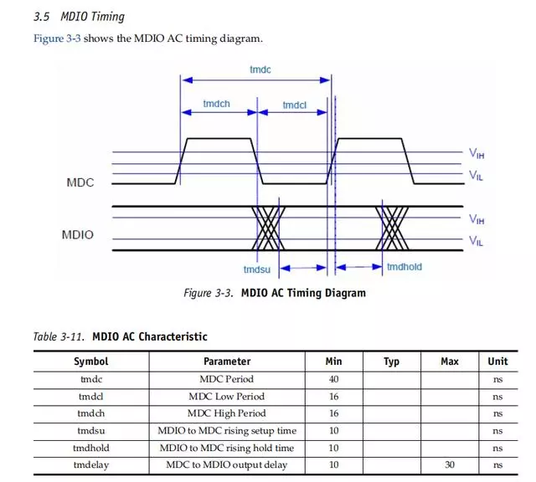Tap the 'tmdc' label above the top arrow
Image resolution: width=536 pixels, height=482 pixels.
point(260,70)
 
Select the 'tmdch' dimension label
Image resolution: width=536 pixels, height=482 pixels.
point(218,104)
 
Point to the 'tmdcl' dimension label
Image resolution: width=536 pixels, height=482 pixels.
point(294,105)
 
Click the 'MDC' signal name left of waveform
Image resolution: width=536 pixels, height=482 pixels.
point(80,182)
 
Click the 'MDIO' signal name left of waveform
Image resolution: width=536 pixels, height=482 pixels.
point(77,235)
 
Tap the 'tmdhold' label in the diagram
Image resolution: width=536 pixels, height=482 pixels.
point(404,267)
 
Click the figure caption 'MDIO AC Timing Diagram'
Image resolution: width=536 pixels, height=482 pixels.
point(303,293)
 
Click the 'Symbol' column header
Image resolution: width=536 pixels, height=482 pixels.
point(90,361)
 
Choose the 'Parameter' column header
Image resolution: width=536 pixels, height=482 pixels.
point(227,361)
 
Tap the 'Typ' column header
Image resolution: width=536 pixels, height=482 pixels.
point(391,361)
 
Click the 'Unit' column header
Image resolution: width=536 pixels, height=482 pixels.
point(497,361)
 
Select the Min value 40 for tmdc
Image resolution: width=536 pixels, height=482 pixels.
point(333,379)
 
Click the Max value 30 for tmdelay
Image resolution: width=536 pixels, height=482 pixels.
point(450,464)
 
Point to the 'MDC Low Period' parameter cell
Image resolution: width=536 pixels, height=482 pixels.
point(226,397)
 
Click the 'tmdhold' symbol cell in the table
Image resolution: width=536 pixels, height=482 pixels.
point(90,448)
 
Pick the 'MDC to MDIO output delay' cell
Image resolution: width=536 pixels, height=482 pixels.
point(226,464)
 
